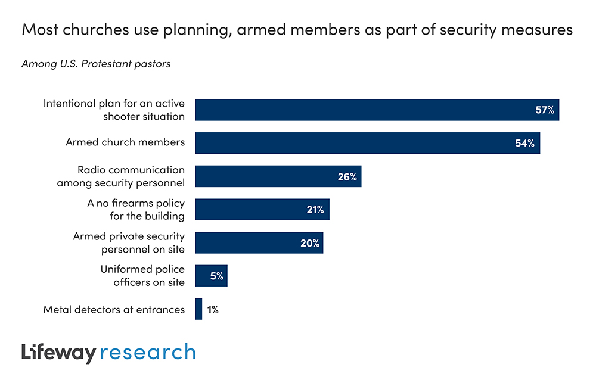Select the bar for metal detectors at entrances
pos(198,309)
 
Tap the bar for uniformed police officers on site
pos(211,276)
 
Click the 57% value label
pos(544,110)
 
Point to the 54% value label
pos(525,143)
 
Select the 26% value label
pos(347,176)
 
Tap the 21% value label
pos(315,210)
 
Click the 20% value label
pos(309,243)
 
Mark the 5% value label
pos(216,276)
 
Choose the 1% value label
pos(212,309)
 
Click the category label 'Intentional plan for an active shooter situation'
pos(114,110)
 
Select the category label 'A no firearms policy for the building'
pos(136,209)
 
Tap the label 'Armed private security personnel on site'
pos(129,242)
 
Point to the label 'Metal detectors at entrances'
pos(114,309)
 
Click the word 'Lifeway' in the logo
pos(58,352)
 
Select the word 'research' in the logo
pos(148,352)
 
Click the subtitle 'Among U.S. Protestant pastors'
pos(96,63)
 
